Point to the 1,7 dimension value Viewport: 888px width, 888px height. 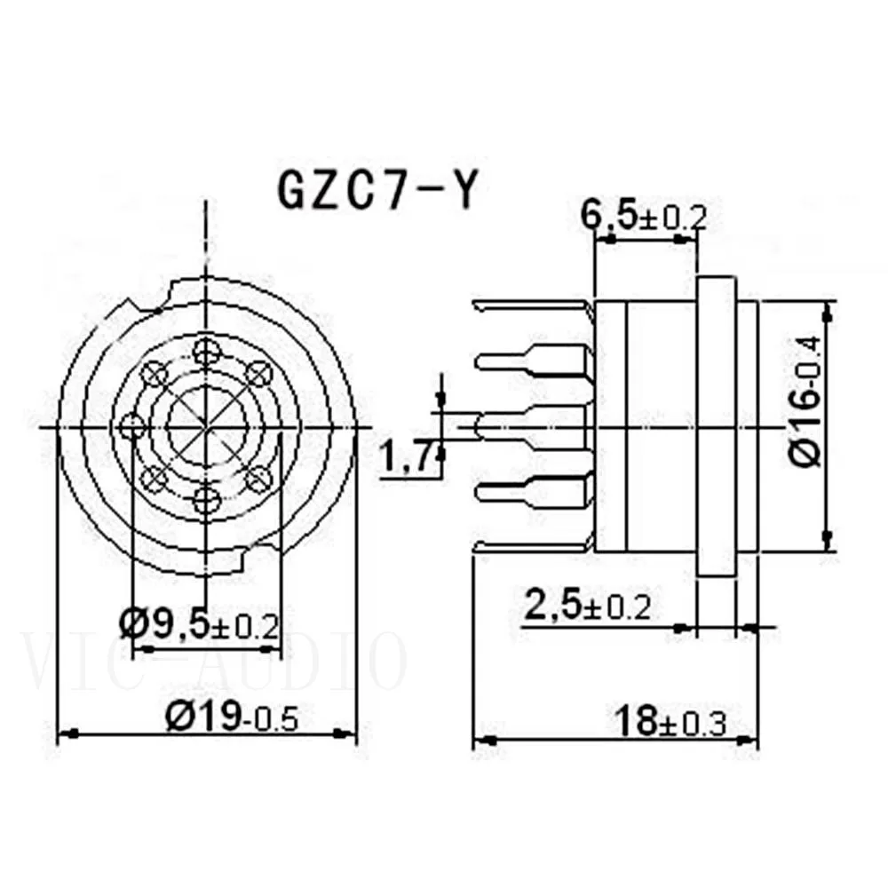pyautogui.click(x=405, y=459)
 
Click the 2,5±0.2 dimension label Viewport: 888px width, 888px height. pyautogui.click(x=587, y=607)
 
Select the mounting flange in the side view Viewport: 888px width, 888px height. pyautogui.click(x=716, y=427)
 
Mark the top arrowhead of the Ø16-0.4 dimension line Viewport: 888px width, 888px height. pyautogui.click(x=828, y=311)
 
